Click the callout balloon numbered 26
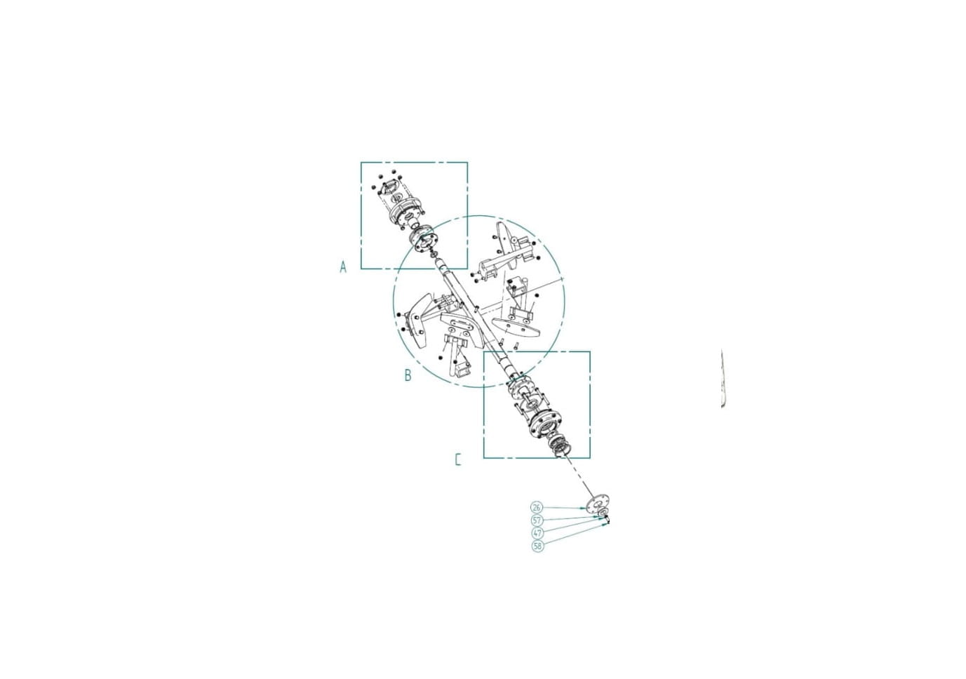[537, 507]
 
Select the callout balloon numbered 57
[537, 520]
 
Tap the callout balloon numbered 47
[537, 533]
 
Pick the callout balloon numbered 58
[538, 546]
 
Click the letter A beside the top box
[343, 267]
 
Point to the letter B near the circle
[408, 375]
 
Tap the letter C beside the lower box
[458, 460]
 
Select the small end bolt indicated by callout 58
[608, 522]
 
